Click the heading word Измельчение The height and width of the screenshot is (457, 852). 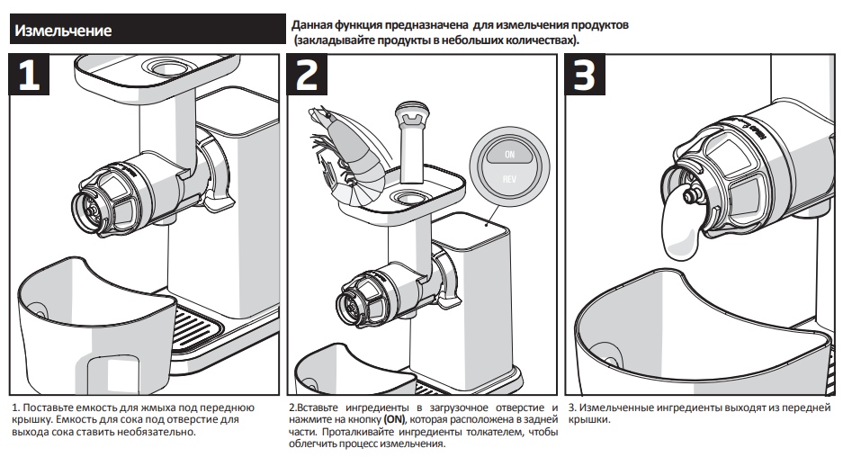pyautogui.click(x=63, y=31)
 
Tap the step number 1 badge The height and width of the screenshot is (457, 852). pyautogui.click(x=29, y=75)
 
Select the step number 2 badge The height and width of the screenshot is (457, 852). pyautogui.click(x=307, y=75)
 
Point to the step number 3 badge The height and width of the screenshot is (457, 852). pyautogui.click(x=585, y=75)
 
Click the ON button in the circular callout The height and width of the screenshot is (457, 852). pyautogui.click(x=509, y=154)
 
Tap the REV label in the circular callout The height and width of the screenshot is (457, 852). pyautogui.click(x=509, y=179)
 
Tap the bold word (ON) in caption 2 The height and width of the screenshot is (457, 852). pyautogui.click(x=394, y=419)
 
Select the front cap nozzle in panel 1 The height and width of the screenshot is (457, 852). pyautogui.click(x=91, y=212)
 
